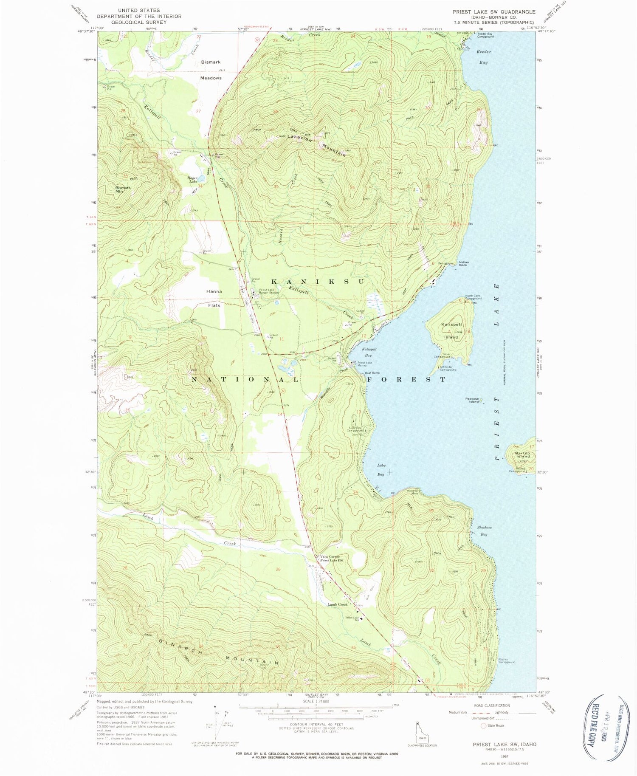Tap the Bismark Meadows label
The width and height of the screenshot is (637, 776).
211,70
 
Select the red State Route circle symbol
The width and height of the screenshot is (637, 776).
483,725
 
